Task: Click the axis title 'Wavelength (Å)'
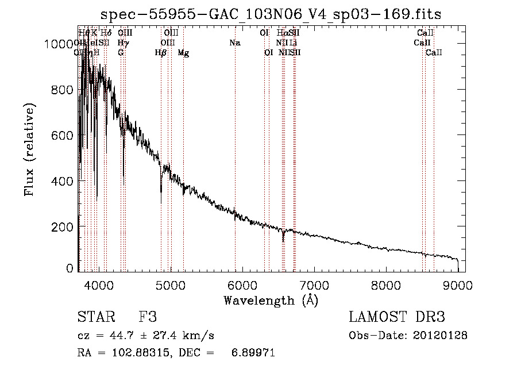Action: click(271, 300)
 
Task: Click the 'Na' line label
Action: click(234, 43)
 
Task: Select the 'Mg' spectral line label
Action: click(183, 53)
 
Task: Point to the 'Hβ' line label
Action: click(161, 53)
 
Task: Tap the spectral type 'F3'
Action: click(148, 317)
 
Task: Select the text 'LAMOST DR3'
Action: click(396, 317)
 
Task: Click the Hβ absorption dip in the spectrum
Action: click(161, 191)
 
